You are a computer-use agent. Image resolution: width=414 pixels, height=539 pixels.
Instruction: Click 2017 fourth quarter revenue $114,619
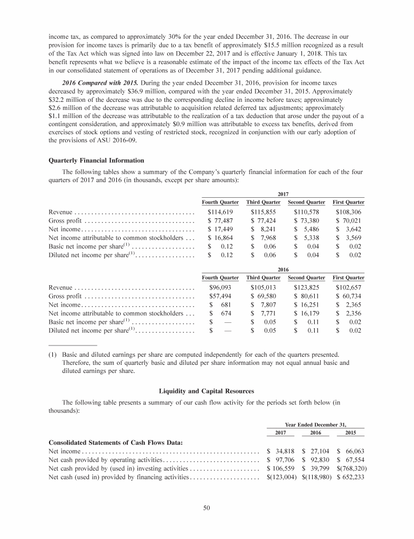tap(220, 211)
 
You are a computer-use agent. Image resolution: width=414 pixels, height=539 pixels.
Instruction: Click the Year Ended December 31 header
tap(316, 424)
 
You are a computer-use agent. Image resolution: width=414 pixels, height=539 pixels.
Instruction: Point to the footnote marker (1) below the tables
tap(53, 355)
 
